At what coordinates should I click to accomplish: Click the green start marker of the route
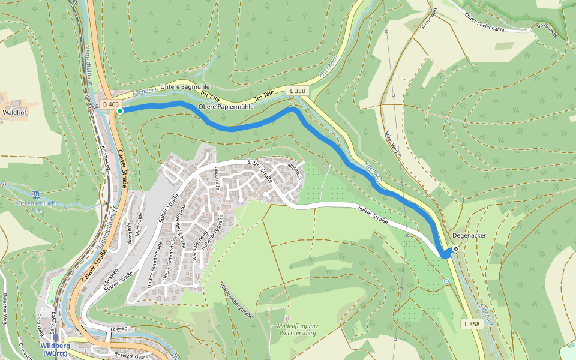click(120, 111)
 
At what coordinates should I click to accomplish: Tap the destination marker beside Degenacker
click(455, 248)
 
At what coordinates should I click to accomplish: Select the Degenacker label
click(469, 236)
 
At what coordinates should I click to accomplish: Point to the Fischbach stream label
click(329, 67)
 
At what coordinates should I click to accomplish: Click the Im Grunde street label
click(547, 30)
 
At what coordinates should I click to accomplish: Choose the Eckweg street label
click(119, 329)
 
